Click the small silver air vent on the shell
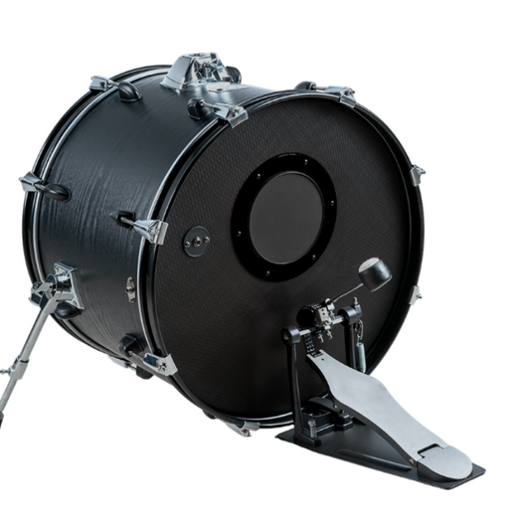pos(130,288)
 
